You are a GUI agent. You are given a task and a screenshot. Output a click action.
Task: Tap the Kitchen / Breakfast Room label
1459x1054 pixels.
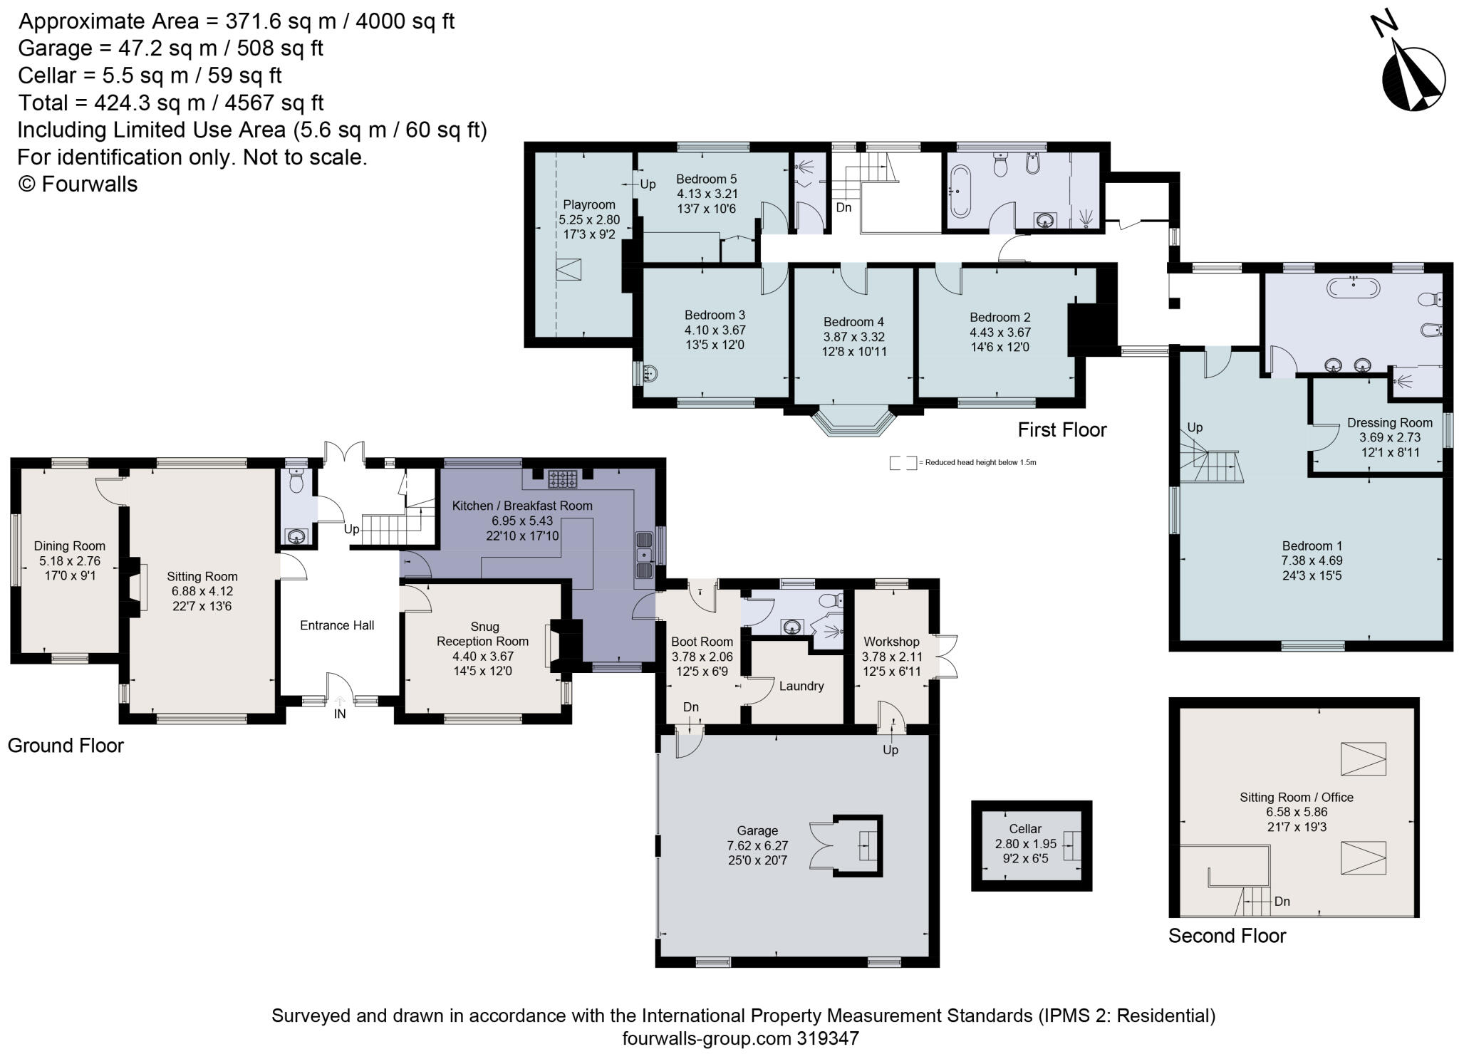click(522, 506)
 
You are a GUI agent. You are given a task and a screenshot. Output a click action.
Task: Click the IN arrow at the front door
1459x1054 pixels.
click(340, 701)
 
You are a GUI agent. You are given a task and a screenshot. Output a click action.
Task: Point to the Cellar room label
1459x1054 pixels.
click(1025, 828)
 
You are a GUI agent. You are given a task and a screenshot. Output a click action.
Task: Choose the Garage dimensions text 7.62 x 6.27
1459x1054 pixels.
click(757, 845)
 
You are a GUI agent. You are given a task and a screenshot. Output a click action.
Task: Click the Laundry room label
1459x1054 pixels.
click(801, 686)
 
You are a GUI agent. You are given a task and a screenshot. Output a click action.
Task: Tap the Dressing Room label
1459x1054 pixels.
click(1390, 423)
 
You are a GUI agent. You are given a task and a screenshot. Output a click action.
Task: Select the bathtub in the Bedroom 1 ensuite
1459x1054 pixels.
click(1353, 288)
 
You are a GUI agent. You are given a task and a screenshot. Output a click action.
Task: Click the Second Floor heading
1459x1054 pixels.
click(1227, 935)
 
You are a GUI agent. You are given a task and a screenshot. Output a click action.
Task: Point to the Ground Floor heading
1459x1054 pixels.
click(66, 746)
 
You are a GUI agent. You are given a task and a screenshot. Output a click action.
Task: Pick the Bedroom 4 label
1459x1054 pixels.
click(853, 322)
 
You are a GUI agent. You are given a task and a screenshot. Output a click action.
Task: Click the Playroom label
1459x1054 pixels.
click(588, 204)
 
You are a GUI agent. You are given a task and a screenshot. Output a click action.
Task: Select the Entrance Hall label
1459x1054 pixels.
click(337, 625)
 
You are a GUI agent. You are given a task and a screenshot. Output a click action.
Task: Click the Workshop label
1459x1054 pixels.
click(891, 642)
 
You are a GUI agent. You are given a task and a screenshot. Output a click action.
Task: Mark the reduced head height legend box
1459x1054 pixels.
click(903, 463)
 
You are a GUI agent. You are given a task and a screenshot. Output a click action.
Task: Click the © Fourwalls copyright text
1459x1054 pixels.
click(78, 184)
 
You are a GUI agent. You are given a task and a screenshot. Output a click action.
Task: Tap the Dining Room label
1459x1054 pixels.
click(70, 546)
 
